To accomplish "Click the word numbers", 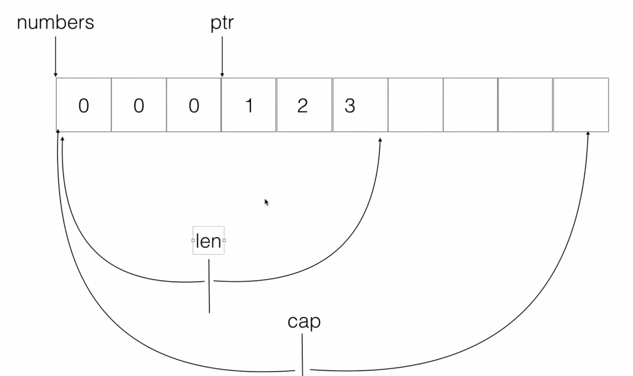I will pos(55,23).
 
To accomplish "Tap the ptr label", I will pos(222,23).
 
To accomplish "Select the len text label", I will pos(208,241).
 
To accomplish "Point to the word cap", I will pos(304,321).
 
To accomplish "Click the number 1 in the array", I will pos(249,106).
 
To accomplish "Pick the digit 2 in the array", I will pos(303,106).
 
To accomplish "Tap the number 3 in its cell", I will pos(350,106).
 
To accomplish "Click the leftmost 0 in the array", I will pos(84,106).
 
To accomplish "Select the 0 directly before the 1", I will pos(194,106).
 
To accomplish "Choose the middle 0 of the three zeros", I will pos(139,106).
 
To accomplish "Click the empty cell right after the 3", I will pos(415,105).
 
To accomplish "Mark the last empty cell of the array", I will pos(581,105).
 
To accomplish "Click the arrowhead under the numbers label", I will pos(56,75).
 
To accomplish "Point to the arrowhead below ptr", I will pos(222,75).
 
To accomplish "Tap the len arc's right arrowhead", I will pos(380,140).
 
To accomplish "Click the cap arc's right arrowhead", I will pos(588,134).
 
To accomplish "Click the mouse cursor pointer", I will pos(266,202).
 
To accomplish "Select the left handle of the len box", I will pos(193,240).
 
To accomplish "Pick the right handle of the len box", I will pos(224,240).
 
